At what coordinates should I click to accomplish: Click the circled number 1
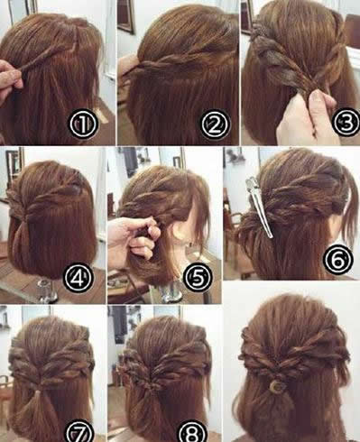(x=83, y=124)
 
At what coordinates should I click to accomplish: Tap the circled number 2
(x=215, y=124)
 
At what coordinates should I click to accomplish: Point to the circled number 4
(x=78, y=277)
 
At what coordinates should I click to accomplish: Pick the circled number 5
(x=198, y=277)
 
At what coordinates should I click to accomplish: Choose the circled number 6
(x=337, y=259)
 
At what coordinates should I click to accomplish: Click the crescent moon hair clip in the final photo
(x=276, y=386)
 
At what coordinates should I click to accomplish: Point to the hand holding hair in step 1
(x=11, y=79)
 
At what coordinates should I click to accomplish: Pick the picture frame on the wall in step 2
(x=125, y=15)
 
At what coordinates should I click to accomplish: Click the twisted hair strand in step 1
(x=48, y=58)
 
